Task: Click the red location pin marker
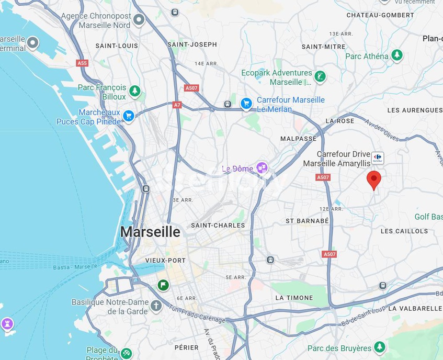point(373,179)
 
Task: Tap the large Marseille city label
point(150,232)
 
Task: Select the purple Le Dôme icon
point(262,168)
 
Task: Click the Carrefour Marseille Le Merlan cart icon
point(246,104)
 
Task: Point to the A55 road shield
point(82,63)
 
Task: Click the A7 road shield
point(177,105)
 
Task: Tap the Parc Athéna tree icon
point(397,55)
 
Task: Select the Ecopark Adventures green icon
point(320,77)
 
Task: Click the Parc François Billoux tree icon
point(135,91)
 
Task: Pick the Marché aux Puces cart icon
point(129,116)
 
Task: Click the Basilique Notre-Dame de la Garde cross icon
point(156,306)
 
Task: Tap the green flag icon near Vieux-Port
point(163,285)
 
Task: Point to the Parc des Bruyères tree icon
point(380,347)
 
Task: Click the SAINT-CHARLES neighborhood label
point(218,226)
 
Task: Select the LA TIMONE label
point(294,298)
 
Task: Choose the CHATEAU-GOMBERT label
point(380,15)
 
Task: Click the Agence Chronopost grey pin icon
point(139,20)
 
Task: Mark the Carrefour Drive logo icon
point(378,157)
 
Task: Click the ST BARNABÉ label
point(307,221)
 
